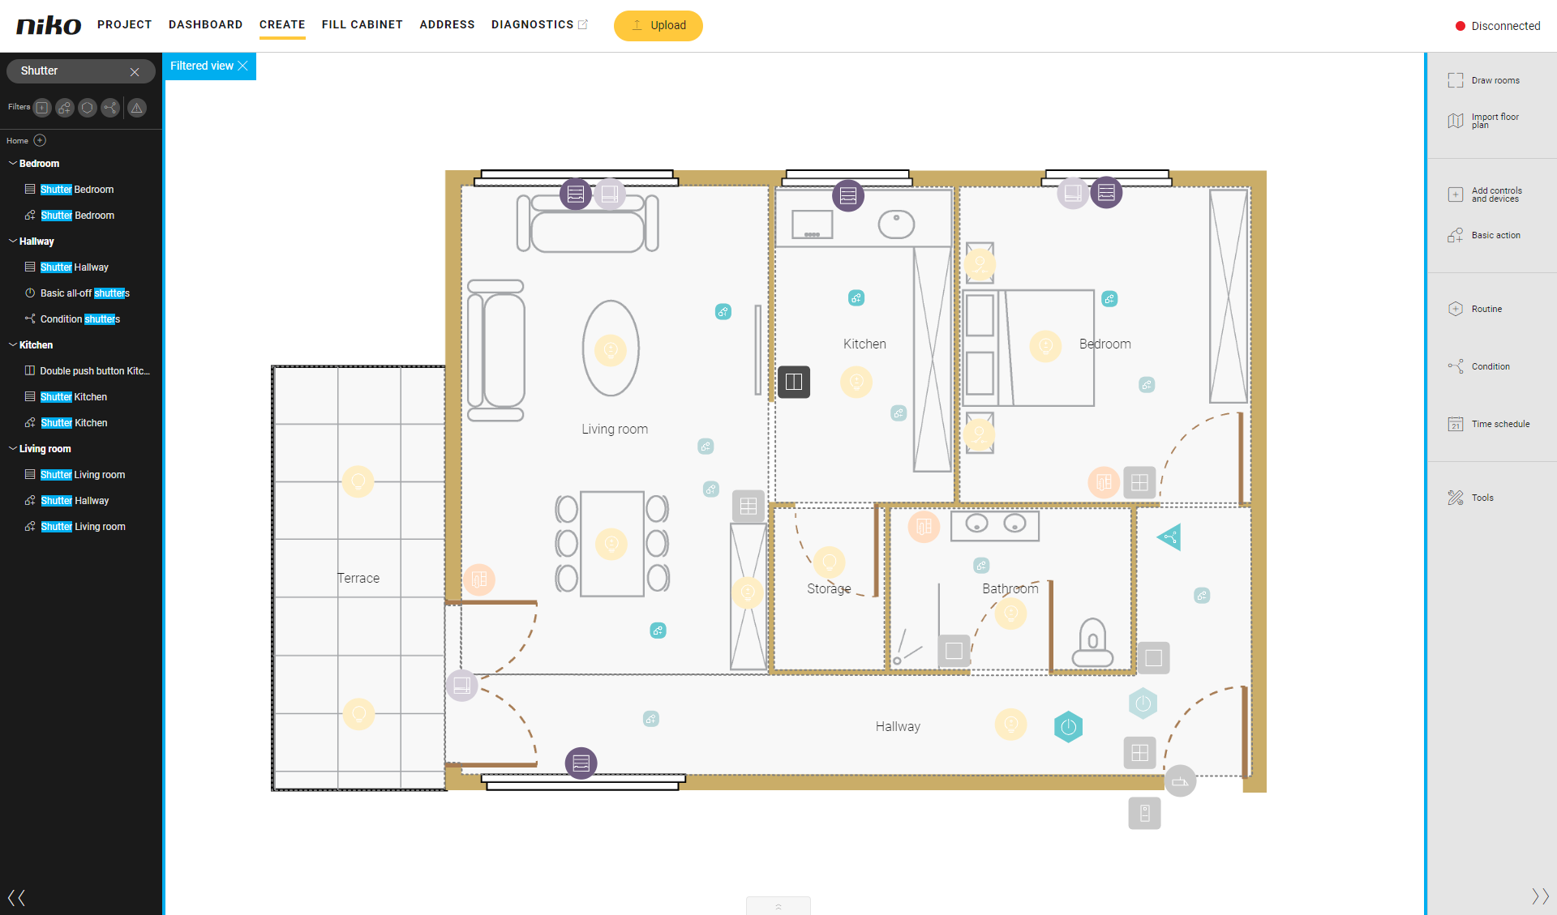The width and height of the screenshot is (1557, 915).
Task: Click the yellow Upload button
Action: [x=658, y=25]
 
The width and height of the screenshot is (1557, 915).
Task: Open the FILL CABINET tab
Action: [x=362, y=24]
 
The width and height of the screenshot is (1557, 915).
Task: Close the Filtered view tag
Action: [x=242, y=66]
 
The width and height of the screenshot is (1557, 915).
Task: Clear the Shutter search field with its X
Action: [x=135, y=71]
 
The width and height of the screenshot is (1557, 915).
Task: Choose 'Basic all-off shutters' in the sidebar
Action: [x=84, y=293]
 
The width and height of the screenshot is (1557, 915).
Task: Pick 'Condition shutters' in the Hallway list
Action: [x=79, y=319]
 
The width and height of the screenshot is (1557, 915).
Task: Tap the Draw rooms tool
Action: [x=1484, y=80]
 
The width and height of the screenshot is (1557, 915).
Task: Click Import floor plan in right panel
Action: [x=1484, y=121]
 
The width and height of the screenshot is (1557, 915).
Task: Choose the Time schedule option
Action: [x=1489, y=424]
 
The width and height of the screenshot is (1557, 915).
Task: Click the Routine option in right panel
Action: [x=1475, y=309]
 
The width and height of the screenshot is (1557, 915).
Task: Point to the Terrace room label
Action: [x=358, y=578]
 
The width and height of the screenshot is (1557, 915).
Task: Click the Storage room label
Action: [x=829, y=588]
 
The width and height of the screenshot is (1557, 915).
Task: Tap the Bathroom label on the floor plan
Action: [x=1010, y=588]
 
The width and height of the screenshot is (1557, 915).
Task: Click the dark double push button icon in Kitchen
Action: [x=794, y=382]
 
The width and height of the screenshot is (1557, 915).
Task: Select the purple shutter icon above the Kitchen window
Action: [x=848, y=195]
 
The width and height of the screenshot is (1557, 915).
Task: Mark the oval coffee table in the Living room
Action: [x=611, y=348]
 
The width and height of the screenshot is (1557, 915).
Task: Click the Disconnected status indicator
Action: [x=1498, y=26]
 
